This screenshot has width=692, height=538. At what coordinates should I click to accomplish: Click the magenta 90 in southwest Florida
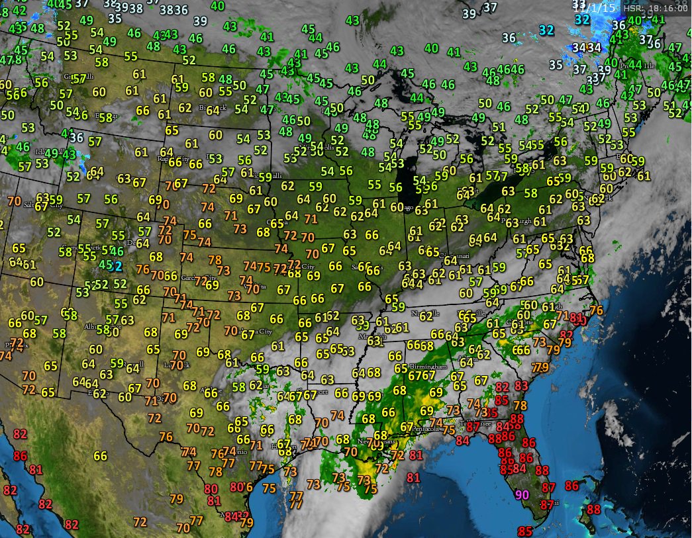click(x=522, y=494)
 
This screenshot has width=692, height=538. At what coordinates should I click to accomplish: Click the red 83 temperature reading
click(x=521, y=386)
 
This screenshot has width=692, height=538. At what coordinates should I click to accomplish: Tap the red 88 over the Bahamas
click(x=593, y=510)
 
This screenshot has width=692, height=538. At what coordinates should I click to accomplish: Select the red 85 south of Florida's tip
click(x=525, y=531)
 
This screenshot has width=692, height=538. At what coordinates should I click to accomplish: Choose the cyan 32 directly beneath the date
click(x=582, y=20)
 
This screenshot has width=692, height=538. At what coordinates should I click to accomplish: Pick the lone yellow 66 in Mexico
click(x=100, y=456)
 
